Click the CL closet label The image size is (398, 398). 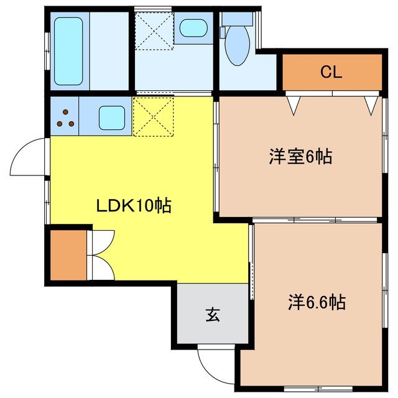click(331, 72)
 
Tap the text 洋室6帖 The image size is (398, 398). click(300, 157)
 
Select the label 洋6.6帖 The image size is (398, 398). click(317, 302)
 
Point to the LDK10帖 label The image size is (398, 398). click(134, 205)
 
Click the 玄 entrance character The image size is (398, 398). click(213, 315)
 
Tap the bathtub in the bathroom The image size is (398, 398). click(68, 51)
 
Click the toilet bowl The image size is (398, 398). click(237, 45)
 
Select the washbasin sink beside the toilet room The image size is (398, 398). click(193, 28)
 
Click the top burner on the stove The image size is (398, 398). click(65, 112)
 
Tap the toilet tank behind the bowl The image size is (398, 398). click(237, 19)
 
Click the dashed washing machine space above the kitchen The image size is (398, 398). click(154, 30)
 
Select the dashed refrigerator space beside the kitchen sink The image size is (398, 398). click(154, 117)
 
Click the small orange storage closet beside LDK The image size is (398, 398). click(68, 255)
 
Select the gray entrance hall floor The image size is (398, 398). click(213, 313)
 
